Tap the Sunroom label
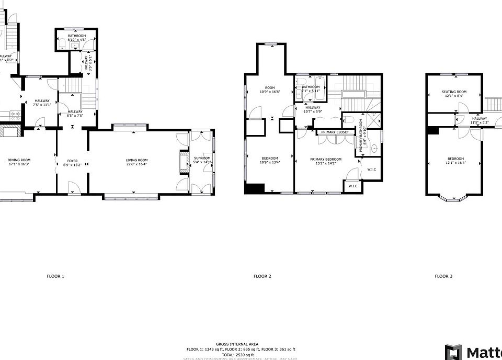[x=202, y=157]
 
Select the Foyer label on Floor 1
[x=72, y=161]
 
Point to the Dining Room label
[x=19, y=160]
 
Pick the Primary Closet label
[x=335, y=132]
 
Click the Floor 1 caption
[x=55, y=276]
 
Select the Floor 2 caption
[x=262, y=276]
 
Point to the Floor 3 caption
[x=443, y=276]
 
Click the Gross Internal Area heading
[x=241, y=344]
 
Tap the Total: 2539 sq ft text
[x=241, y=354]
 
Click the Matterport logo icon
[x=453, y=351]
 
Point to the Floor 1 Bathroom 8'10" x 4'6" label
[x=76, y=37]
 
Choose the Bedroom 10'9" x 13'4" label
[x=270, y=160]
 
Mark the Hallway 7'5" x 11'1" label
[x=42, y=103]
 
